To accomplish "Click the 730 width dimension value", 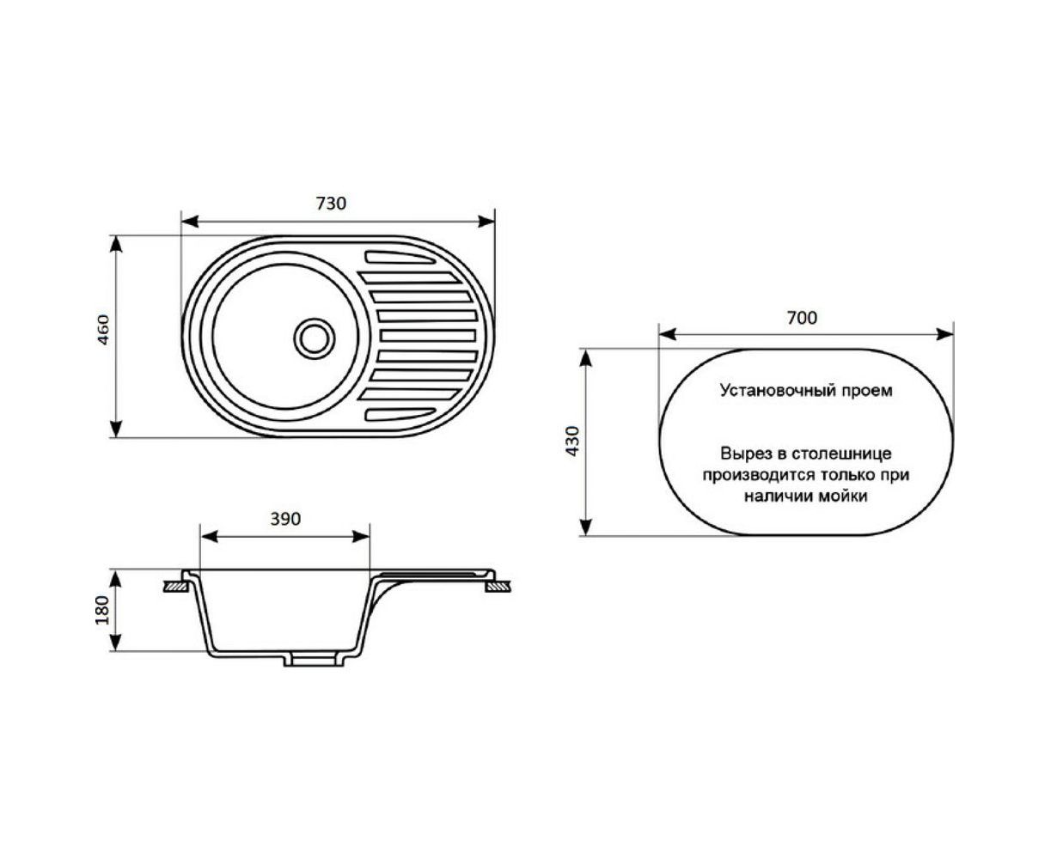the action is tap(330, 204).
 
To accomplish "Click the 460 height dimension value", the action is tap(102, 330).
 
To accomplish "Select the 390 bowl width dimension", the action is tap(285, 519).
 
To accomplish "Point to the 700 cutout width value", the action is tap(802, 317).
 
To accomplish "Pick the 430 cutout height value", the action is tap(573, 441).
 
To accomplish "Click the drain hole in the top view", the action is tap(314, 338).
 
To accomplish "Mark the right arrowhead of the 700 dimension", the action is tap(944, 335).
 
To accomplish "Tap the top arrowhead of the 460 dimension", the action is tap(116, 245).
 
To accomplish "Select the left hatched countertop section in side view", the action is tap(175, 587).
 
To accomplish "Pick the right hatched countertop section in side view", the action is tap(498, 587).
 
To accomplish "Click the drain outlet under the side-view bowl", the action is tap(314, 661).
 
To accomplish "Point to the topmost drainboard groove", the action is tap(400, 257).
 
